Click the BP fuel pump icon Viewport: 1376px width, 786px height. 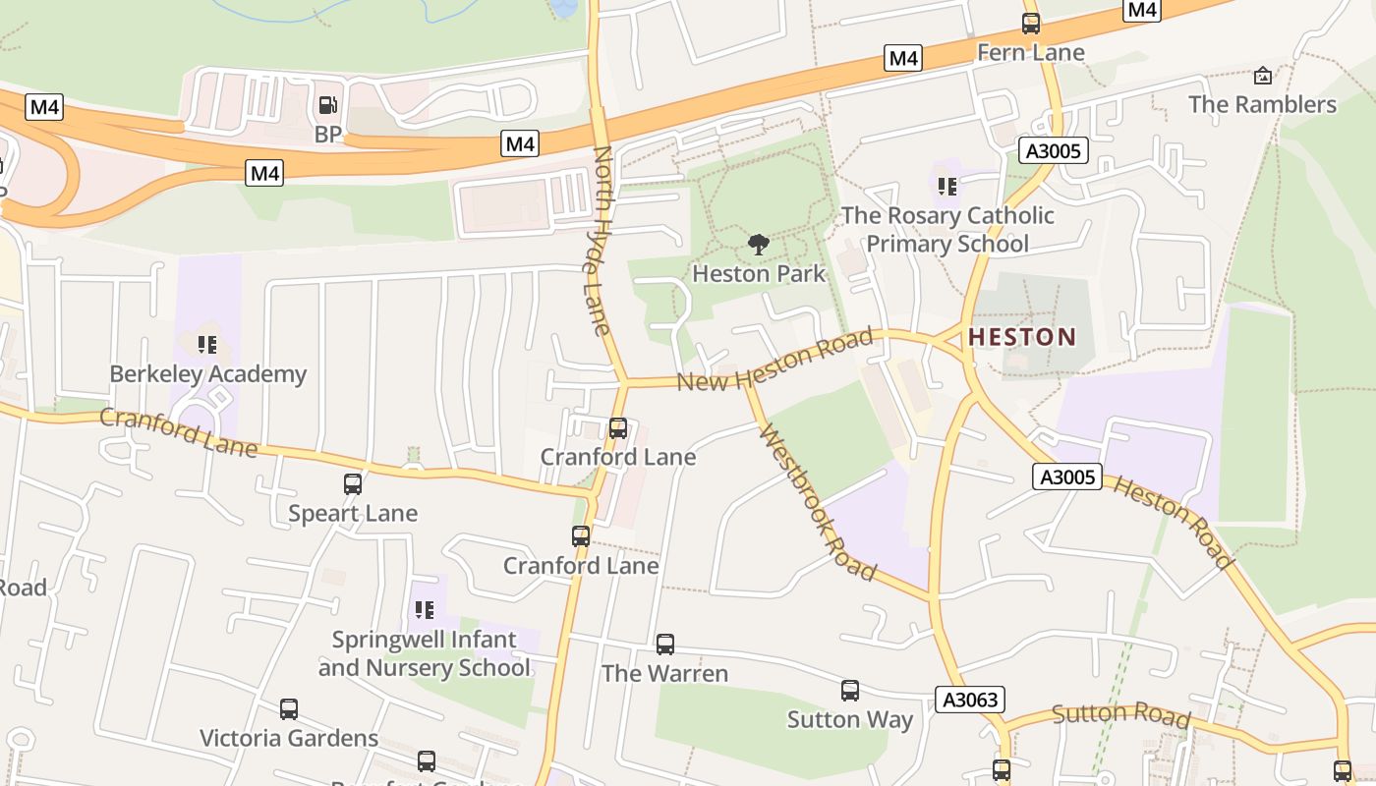point(327,104)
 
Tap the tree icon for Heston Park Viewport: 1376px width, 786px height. point(758,244)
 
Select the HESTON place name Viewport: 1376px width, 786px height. point(1022,337)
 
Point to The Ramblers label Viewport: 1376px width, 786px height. point(1262,104)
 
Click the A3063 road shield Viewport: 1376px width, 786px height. point(969,700)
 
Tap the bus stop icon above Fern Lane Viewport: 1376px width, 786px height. point(1030,24)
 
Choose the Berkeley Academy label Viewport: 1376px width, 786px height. point(208,374)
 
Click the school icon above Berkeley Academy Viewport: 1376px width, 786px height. point(206,344)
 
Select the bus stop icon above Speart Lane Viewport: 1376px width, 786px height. point(353,483)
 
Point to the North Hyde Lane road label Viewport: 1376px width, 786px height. point(602,241)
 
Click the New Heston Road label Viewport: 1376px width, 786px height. point(774,361)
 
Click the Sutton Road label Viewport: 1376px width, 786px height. point(1120,715)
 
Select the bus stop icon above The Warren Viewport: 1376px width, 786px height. point(665,645)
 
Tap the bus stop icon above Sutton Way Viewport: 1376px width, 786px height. point(850,691)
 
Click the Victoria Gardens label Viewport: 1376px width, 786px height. point(289,738)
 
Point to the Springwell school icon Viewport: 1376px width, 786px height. point(425,610)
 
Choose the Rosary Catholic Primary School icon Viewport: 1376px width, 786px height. point(946,186)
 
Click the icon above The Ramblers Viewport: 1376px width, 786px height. point(1263,76)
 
